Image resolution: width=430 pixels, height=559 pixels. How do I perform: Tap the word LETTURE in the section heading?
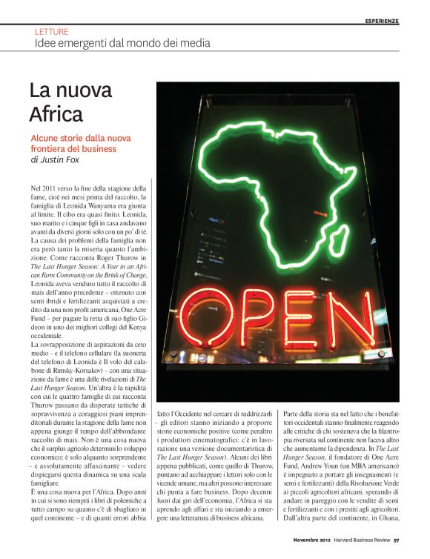[51, 32]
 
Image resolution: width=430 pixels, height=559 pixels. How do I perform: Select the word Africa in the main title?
[56, 114]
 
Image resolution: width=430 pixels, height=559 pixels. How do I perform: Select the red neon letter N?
[351, 321]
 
